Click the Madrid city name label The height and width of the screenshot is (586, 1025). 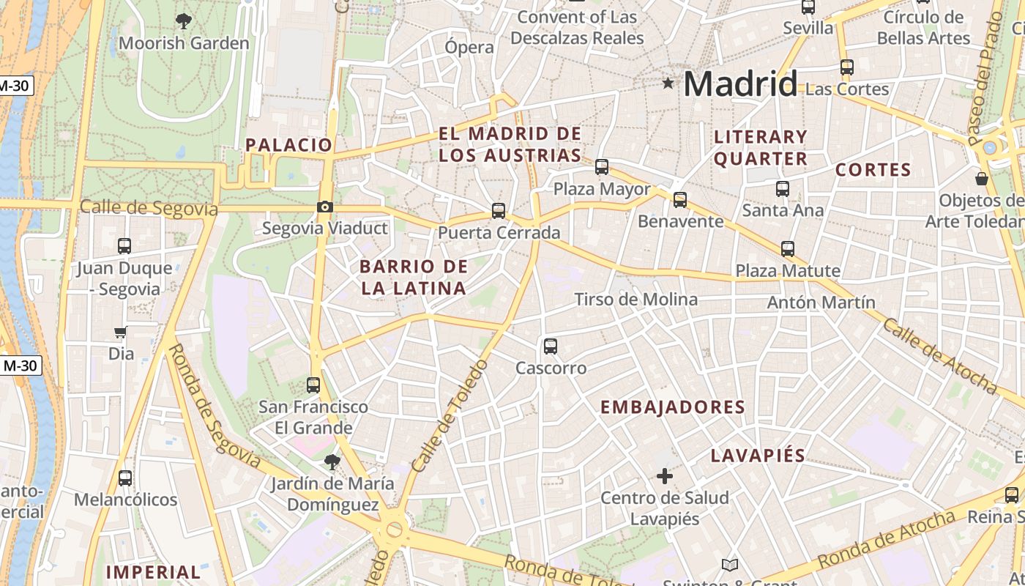pos(740,84)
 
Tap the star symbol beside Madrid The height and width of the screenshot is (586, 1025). pos(668,84)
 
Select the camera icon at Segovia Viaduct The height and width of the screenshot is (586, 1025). pos(325,207)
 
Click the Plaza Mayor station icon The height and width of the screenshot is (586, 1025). pos(602,167)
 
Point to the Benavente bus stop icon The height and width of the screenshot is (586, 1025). pos(680,199)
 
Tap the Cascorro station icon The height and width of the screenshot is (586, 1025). pos(551,346)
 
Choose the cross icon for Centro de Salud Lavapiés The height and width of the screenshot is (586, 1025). pos(665,476)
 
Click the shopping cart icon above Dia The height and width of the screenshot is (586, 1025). pos(121,333)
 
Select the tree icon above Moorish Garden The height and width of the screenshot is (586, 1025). pos(184,21)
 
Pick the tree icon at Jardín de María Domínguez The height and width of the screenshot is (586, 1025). pos(332,461)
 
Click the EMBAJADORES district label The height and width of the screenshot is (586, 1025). pos(672,407)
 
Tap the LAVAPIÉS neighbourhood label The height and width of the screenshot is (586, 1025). pos(758,456)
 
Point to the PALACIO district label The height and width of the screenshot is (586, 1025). pos(288,144)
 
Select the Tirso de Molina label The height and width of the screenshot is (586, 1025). pos(635,299)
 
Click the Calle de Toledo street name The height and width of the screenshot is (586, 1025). pos(450,415)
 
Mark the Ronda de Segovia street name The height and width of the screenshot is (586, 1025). pos(214,405)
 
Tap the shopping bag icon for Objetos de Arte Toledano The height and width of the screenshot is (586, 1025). pos(982,179)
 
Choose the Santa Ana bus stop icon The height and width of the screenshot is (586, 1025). pos(783,188)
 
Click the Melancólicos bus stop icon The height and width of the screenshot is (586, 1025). pos(125,478)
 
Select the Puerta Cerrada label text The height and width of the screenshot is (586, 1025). pos(499,233)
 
